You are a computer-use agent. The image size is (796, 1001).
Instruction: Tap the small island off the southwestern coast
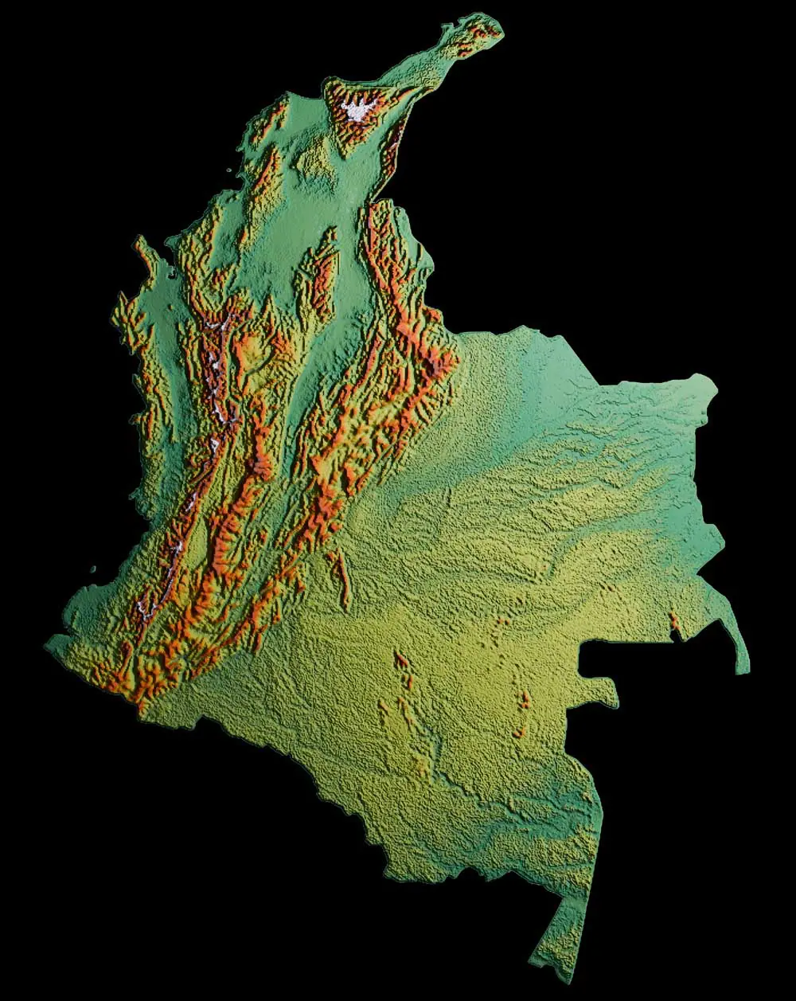(x=94, y=569)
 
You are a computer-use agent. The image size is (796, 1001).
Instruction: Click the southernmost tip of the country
(x=566, y=978)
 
